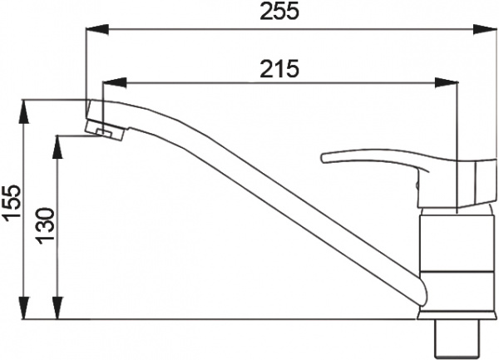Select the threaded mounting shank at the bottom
coord(457,341)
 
